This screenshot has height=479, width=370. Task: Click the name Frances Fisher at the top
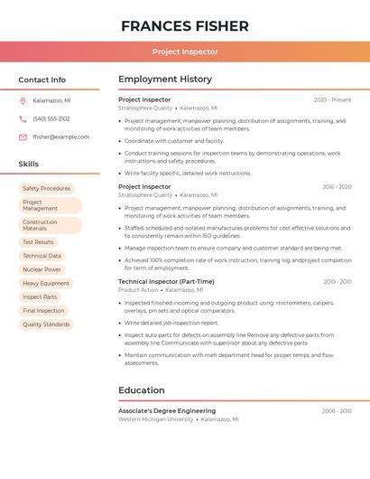pyautogui.click(x=185, y=26)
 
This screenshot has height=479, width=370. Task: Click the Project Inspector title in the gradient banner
pyautogui.click(x=185, y=52)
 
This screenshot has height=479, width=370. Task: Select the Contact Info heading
pyautogui.click(x=42, y=80)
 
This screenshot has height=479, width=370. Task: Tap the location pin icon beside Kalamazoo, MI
pyautogui.click(x=23, y=100)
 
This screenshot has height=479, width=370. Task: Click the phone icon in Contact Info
pyautogui.click(x=23, y=118)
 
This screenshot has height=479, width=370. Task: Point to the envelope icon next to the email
pyautogui.click(x=23, y=137)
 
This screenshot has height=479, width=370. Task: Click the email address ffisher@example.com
pyautogui.click(x=60, y=137)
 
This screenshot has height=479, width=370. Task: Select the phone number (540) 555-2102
pyautogui.click(x=51, y=118)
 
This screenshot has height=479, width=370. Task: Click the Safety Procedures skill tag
pyautogui.click(x=46, y=189)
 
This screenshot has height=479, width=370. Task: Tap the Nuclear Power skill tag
pyautogui.click(x=42, y=269)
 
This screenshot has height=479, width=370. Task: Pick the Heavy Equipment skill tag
pyautogui.click(x=45, y=283)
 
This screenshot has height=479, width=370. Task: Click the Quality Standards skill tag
pyautogui.click(x=45, y=324)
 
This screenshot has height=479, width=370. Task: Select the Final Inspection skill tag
pyautogui.click(x=43, y=311)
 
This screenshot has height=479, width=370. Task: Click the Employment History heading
pyautogui.click(x=165, y=80)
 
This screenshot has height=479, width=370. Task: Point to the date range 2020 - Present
pyautogui.click(x=332, y=100)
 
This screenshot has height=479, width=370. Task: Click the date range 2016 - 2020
pyautogui.click(x=337, y=187)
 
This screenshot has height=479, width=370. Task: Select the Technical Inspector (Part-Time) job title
pyautogui.click(x=166, y=282)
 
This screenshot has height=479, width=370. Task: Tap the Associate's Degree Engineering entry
pyautogui.click(x=167, y=411)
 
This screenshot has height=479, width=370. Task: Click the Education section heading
pyautogui.click(x=142, y=390)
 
